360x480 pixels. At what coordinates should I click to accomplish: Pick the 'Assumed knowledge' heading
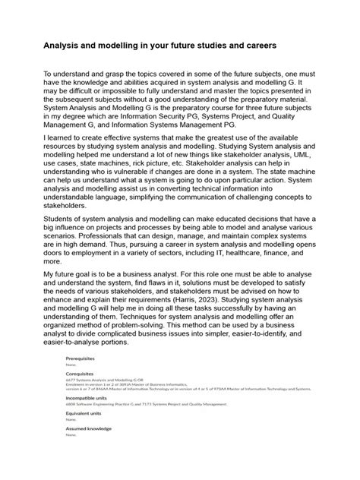coord(89,429)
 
